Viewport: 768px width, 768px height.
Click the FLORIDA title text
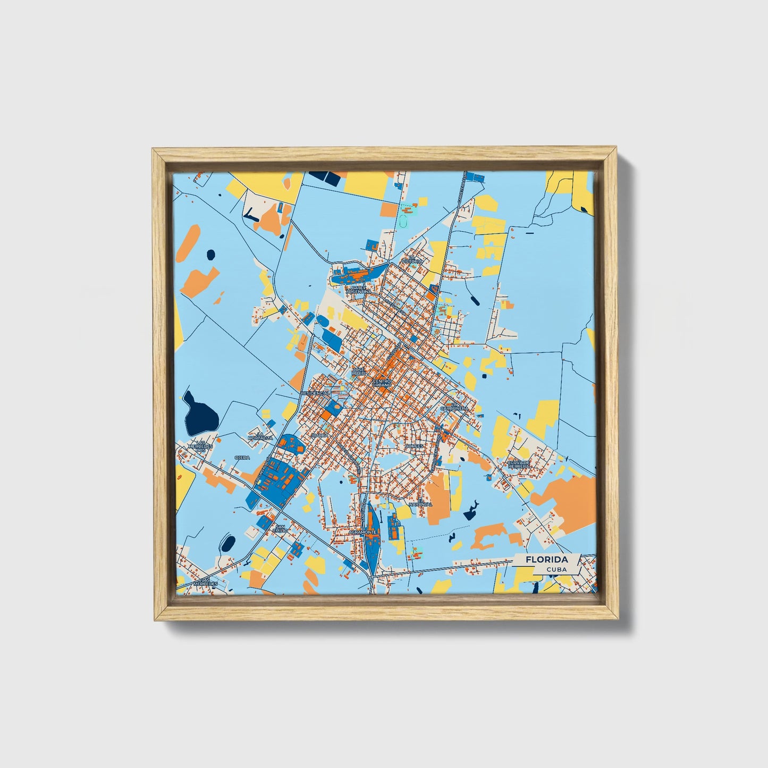coord(546,560)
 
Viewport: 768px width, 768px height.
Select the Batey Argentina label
coord(359,290)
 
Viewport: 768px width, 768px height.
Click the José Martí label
coord(359,371)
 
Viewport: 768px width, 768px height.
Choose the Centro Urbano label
coord(382,383)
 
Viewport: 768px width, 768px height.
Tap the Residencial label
coord(315,393)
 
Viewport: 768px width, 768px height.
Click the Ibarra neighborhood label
coord(320,435)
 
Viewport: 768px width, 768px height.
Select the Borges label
coord(414,446)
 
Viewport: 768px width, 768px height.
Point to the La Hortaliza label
coord(260,436)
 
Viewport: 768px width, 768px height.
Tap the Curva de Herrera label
coord(518,464)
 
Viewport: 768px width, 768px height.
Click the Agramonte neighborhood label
coord(363,531)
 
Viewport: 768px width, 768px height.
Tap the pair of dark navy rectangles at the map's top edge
coord(325,178)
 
